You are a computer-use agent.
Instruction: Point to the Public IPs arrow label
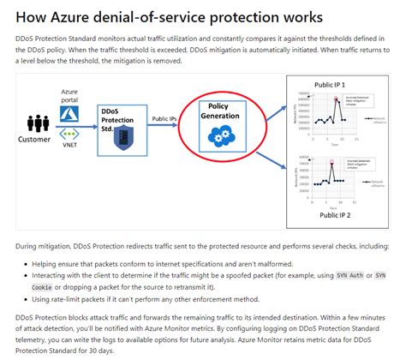tap(166, 119)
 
